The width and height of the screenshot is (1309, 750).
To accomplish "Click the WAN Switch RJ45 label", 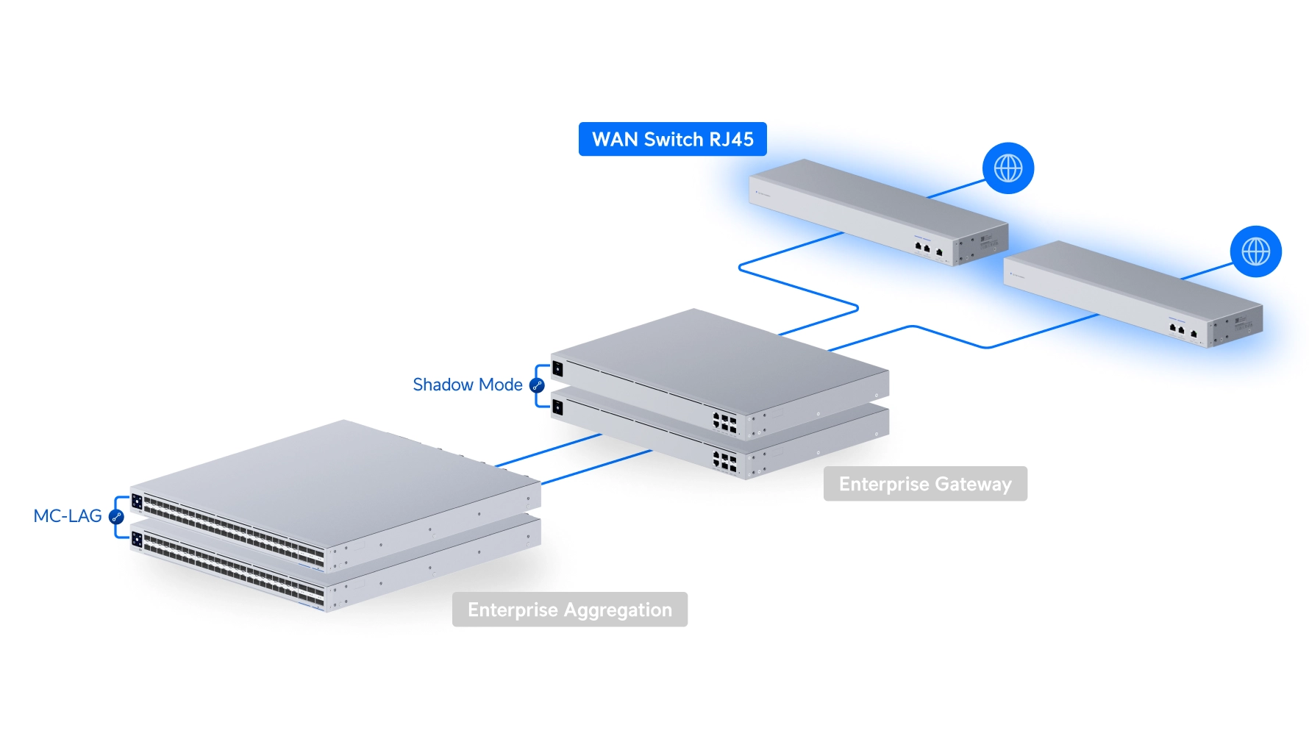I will click(x=672, y=139).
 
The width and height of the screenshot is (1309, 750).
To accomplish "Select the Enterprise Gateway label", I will click(x=924, y=484).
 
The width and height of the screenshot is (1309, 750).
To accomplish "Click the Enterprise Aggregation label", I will click(x=569, y=610).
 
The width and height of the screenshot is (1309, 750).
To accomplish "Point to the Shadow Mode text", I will click(x=467, y=385).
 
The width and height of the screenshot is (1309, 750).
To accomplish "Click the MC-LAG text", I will click(x=68, y=516).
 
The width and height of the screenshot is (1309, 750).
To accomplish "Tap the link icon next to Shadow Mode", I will click(x=537, y=385).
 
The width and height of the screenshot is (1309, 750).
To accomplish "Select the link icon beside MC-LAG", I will click(x=116, y=517).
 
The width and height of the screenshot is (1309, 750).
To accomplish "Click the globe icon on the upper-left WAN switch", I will click(x=1007, y=168).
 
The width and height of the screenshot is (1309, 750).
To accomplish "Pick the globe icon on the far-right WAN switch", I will click(x=1255, y=251).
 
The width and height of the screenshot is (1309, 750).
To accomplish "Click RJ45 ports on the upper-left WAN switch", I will click(x=927, y=249).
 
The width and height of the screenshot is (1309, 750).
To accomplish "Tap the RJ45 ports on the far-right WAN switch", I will click(x=1182, y=330).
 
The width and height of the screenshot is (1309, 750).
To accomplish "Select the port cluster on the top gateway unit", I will click(x=724, y=422).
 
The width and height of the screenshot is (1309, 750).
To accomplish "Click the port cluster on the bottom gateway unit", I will click(x=724, y=462).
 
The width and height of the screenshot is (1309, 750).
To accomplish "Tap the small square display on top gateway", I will click(x=557, y=368).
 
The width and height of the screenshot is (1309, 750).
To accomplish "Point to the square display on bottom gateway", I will click(x=557, y=407).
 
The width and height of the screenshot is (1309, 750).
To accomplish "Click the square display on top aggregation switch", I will click(x=137, y=502).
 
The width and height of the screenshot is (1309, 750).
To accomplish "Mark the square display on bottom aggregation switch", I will click(x=137, y=540).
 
